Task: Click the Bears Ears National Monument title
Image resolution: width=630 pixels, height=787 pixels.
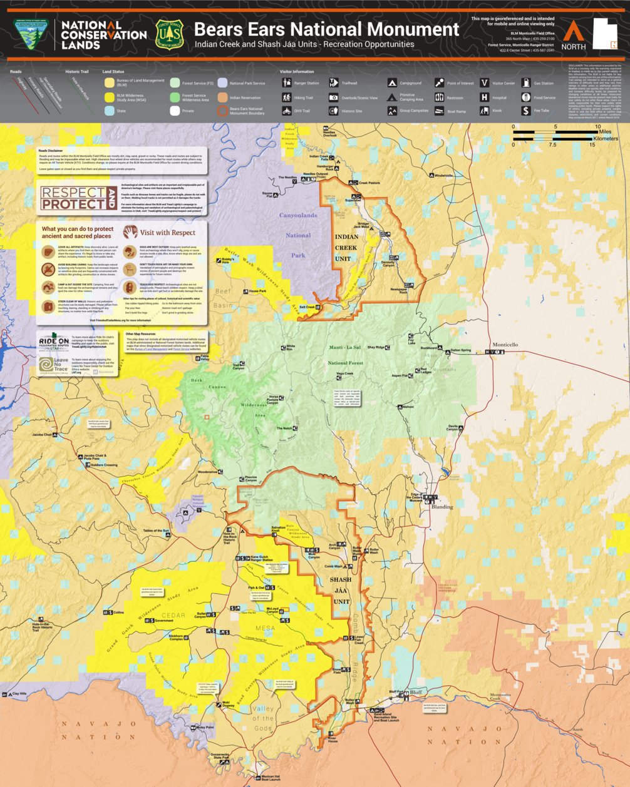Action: [x=326, y=29]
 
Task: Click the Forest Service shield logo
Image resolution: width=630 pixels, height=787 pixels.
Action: [x=169, y=34]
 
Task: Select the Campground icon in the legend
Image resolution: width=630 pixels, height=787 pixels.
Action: [x=391, y=83]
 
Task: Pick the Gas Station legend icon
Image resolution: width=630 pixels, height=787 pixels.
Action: [x=526, y=83]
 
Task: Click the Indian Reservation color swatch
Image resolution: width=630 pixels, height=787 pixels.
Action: [x=222, y=97]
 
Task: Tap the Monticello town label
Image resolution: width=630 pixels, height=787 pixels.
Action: [x=505, y=345]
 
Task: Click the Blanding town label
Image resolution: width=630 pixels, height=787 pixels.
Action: [x=442, y=507]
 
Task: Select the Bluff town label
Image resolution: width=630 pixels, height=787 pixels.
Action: [x=417, y=693]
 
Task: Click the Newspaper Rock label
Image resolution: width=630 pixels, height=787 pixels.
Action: [x=399, y=291]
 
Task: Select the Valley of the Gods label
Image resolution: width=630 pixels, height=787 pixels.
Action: [x=263, y=718]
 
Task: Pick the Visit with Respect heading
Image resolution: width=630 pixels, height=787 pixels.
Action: [x=167, y=232]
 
